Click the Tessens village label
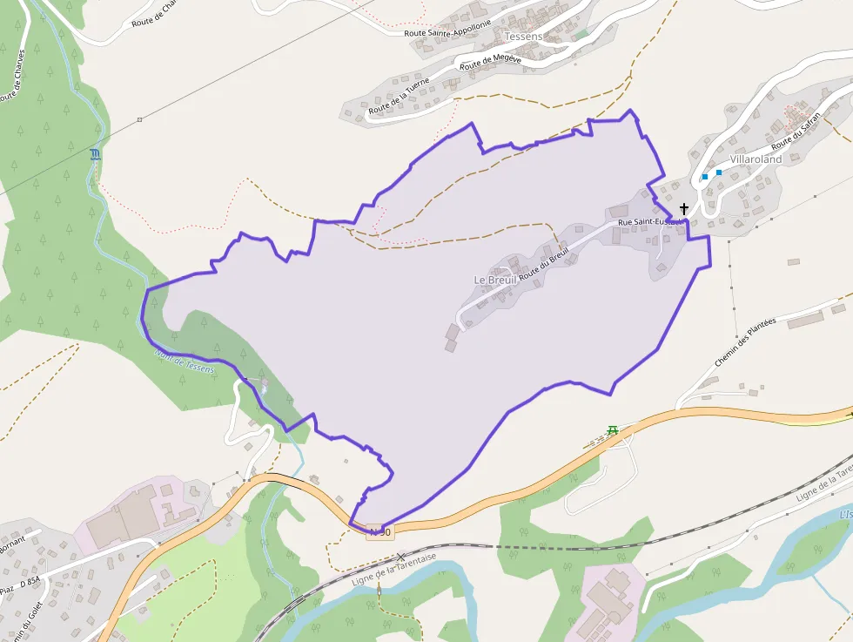pos(523,37)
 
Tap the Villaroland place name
pos(756,159)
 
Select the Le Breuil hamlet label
pos(495,280)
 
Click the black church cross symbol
pos(684,209)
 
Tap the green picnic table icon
pos(613,429)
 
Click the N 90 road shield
pos(380,531)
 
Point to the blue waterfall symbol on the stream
pos(95,155)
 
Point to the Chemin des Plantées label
pos(744,341)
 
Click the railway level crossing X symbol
pos(400,556)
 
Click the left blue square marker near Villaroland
pos(704,177)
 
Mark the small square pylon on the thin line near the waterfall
pos(139,119)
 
